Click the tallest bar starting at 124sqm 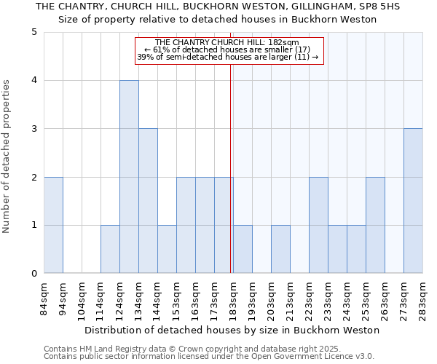129,177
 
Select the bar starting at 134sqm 148,201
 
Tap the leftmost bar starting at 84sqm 53,225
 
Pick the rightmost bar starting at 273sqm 413,201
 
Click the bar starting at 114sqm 110,249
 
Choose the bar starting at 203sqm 280,249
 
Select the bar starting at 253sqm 375,225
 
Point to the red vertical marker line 231,167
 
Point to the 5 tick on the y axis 34,32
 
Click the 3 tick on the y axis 34,129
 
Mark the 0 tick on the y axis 34,274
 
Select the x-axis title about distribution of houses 232,330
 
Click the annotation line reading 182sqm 227,43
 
